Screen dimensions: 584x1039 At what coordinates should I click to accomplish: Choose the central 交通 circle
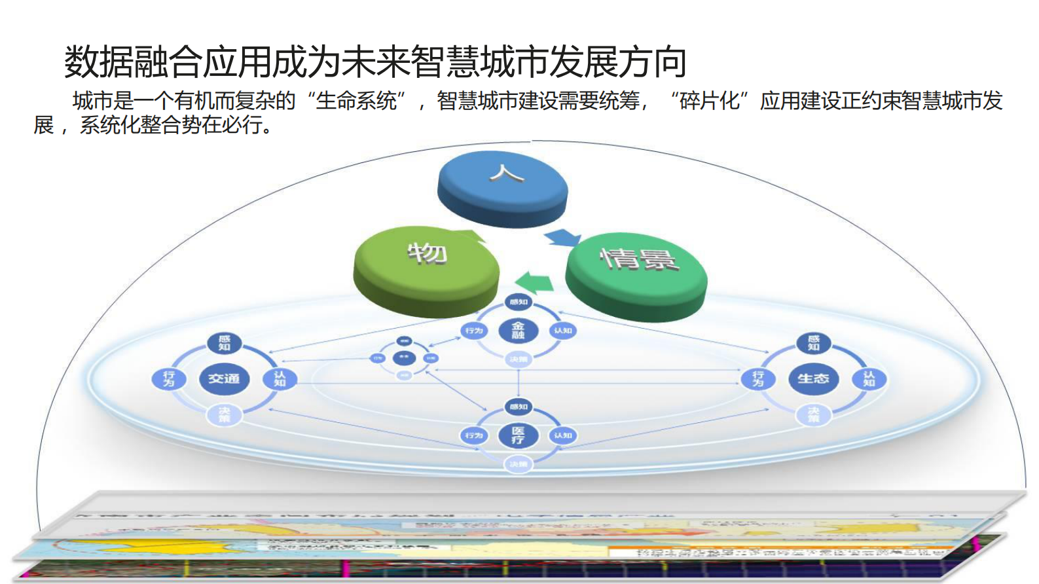(224, 378)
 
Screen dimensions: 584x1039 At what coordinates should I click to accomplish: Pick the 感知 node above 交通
(224, 342)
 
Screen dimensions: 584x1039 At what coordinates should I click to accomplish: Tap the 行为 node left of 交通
(169, 378)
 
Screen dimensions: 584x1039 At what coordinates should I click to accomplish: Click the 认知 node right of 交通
(280, 378)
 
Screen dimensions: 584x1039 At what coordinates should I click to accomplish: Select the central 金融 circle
(518, 331)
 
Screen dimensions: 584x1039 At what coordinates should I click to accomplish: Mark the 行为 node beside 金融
(474, 331)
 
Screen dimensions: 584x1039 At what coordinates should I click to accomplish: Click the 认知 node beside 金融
(563, 331)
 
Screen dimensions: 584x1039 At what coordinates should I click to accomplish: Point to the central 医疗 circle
(518, 435)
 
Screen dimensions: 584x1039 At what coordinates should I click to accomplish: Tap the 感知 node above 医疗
(518, 407)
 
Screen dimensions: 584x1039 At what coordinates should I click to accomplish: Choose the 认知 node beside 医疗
(563, 435)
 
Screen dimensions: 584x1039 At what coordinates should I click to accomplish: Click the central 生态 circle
(813, 378)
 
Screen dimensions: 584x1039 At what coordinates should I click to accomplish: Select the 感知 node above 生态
(813, 342)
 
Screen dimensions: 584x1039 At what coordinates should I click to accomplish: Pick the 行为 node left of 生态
(758, 378)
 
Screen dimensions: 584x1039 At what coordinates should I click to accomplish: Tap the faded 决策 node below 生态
(813, 414)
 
